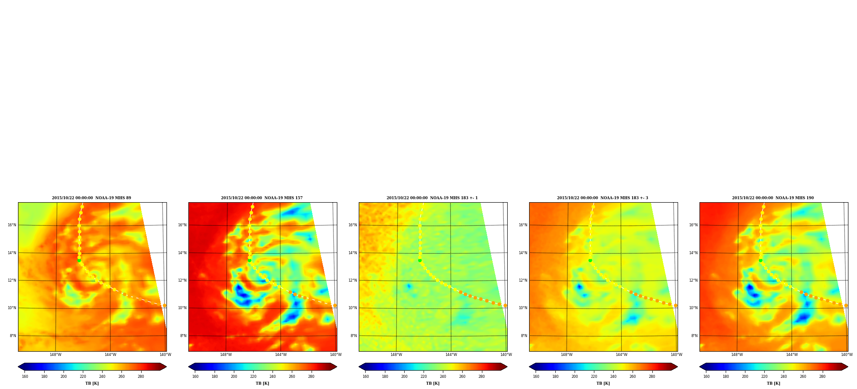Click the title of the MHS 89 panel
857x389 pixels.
click(x=91, y=198)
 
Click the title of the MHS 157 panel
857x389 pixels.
click(x=262, y=198)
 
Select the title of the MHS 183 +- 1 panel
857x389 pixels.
click(x=432, y=198)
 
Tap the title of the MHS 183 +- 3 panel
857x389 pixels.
click(x=603, y=198)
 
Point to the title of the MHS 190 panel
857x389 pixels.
click(x=773, y=198)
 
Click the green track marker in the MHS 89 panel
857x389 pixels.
click(x=79, y=260)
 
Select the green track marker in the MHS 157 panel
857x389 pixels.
click(x=249, y=260)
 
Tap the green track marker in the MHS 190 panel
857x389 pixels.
click(x=760, y=260)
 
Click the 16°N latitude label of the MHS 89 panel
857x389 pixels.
click(x=12, y=225)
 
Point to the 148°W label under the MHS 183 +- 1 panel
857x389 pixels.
click(x=396, y=355)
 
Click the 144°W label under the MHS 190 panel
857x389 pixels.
click(x=792, y=355)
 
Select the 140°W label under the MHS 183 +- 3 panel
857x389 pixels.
click(x=676, y=355)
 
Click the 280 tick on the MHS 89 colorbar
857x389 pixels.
click(x=141, y=377)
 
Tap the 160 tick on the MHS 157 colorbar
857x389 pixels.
click(x=195, y=377)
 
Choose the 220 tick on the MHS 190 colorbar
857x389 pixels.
click(x=764, y=377)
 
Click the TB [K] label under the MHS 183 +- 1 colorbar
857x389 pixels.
click(x=433, y=383)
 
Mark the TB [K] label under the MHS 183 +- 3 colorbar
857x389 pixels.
click(x=603, y=383)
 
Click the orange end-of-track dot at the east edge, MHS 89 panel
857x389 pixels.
click(x=164, y=306)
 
